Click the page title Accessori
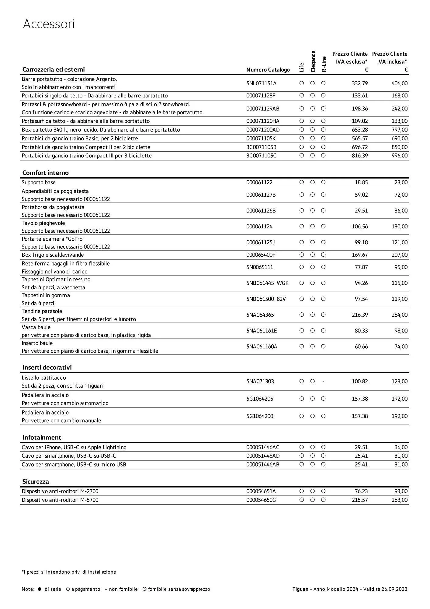click(x=49, y=24)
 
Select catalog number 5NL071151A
click(x=261, y=83)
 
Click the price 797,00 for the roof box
click(x=399, y=130)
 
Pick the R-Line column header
click(x=324, y=64)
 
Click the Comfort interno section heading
click(x=45, y=173)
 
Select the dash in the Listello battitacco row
click(x=323, y=382)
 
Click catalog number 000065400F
click(x=261, y=255)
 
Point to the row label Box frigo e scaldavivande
click(x=53, y=255)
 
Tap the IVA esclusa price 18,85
click(x=361, y=182)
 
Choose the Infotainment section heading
click(x=42, y=438)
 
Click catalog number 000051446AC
click(x=262, y=447)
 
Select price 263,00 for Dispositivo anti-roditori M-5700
click(x=399, y=500)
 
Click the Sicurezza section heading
click(x=36, y=482)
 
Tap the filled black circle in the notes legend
click(x=39, y=589)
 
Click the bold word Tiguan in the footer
click(x=300, y=589)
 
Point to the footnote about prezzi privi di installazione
click(x=69, y=572)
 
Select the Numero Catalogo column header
click(x=268, y=70)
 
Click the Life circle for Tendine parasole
click(x=301, y=315)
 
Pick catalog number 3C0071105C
click(x=261, y=156)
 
